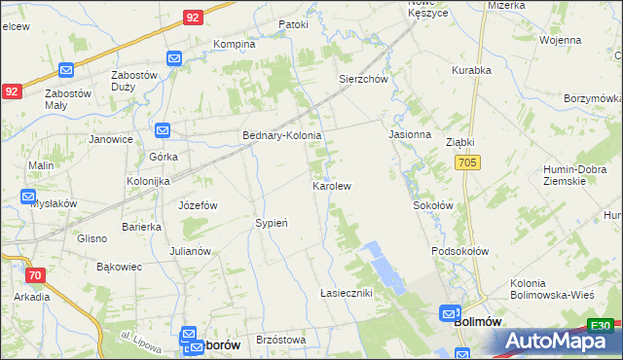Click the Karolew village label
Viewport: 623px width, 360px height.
(x=331, y=185)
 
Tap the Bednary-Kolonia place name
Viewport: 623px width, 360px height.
(x=282, y=136)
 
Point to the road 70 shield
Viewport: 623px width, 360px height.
(x=35, y=275)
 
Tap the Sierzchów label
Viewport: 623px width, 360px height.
(x=363, y=80)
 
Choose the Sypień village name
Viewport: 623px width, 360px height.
(x=272, y=223)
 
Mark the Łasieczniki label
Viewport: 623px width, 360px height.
(x=347, y=293)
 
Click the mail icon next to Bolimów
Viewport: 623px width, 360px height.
(x=449, y=314)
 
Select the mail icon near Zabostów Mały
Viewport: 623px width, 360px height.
(x=66, y=70)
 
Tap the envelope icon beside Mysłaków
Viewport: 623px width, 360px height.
(x=29, y=197)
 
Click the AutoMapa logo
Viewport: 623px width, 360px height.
(x=561, y=341)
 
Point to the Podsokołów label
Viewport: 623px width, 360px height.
(x=459, y=251)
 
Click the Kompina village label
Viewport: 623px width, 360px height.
(x=234, y=44)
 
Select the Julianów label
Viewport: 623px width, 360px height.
(x=190, y=251)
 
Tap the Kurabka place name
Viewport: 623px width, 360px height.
(x=472, y=70)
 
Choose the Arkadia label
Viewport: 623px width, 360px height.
(x=32, y=297)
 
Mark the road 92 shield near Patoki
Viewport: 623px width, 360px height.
(x=193, y=18)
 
